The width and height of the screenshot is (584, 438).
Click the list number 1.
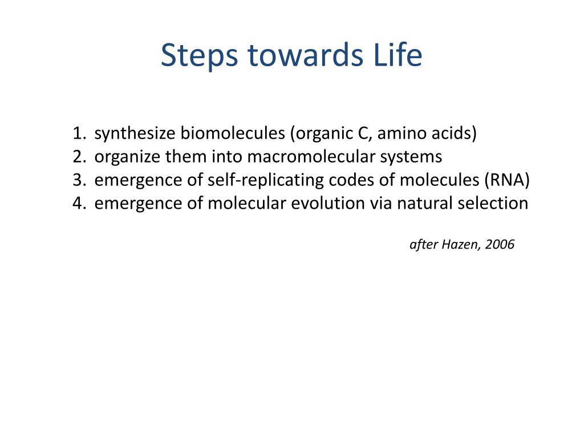(79, 133)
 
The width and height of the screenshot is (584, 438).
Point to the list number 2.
(79, 157)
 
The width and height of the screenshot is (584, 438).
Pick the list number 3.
(79, 180)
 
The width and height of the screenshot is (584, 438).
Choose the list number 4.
(79, 204)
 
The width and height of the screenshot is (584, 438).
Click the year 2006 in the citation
(501, 245)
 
